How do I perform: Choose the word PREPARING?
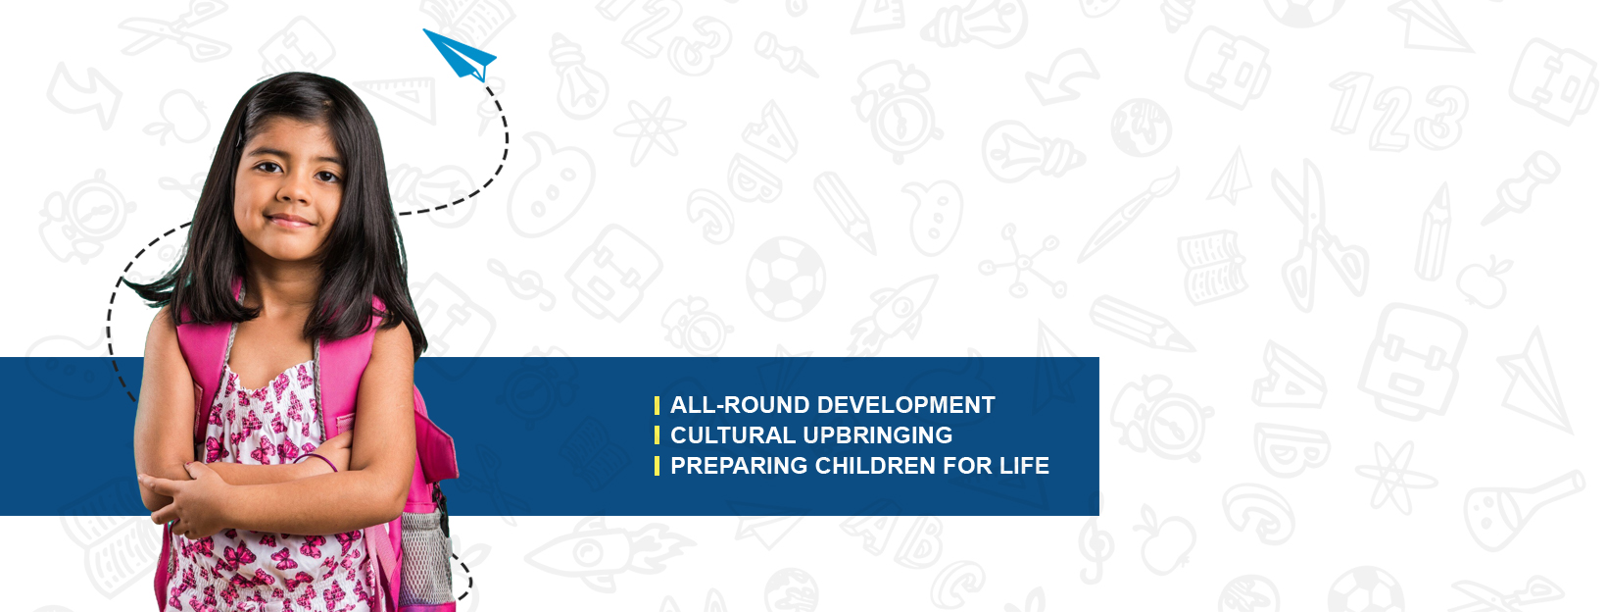click(x=739, y=466)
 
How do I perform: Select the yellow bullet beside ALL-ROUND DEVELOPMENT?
click(x=657, y=405)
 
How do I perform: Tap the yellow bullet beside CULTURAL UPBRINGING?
click(x=657, y=435)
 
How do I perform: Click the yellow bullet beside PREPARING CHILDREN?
click(x=657, y=466)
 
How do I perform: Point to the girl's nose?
click(x=293, y=190)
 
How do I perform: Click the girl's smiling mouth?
click(x=289, y=221)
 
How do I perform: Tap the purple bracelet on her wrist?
click(x=316, y=460)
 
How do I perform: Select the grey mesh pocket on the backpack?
click(x=424, y=557)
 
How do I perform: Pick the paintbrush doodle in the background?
click(x=1129, y=215)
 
